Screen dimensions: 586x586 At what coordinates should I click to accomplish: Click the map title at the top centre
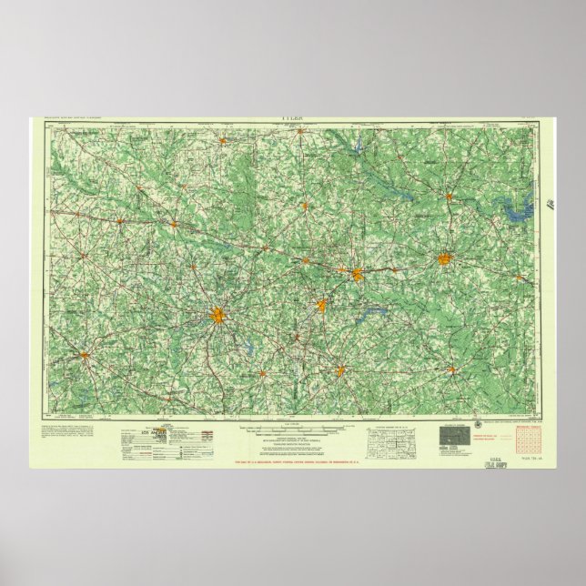tap(293, 118)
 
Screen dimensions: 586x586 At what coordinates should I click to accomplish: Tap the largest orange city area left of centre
tap(218, 316)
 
